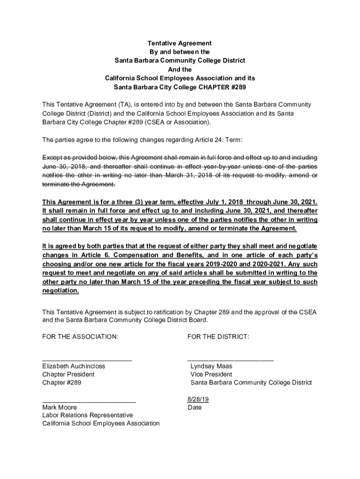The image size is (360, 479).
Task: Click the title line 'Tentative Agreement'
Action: [180, 43]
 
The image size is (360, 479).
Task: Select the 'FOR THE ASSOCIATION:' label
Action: [80, 337]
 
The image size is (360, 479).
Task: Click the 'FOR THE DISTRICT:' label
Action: [218, 337]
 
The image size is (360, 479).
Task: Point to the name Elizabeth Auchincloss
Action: [73, 366]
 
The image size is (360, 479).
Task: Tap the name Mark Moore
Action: [59, 407]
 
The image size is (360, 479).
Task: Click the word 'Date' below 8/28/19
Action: [194, 407]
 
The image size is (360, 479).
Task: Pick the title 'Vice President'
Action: [211, 375]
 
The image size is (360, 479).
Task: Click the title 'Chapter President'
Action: [68, 375]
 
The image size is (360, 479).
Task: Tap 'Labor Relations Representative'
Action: [87, 415]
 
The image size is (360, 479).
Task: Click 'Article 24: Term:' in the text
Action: [216, 140]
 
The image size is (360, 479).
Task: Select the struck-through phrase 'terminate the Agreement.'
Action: [79, 184]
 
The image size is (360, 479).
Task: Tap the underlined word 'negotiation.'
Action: [61, 290]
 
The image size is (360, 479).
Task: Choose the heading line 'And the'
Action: [180, 69]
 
